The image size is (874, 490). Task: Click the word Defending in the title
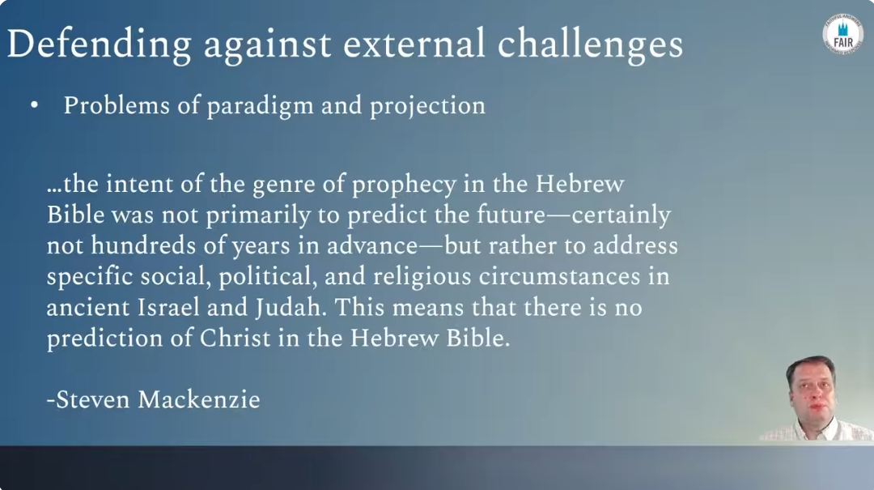pos(99,45)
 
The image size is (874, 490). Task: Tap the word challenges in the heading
pos(590,45)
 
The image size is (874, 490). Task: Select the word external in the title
pos(414,44)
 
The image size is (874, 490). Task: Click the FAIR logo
pos(842,35)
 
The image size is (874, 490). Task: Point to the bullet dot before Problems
pos(35,105)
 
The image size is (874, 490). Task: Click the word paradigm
pos(260,106)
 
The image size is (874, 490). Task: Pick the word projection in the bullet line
pos(427,106)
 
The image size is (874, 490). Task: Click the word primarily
pos(258,215)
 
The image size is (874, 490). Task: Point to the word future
pos(511,215)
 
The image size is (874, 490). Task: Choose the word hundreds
pos(143,245)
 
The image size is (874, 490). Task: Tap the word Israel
pos(168,307)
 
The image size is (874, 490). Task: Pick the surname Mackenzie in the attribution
pos(199,399)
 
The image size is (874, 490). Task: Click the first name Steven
pos(92,399)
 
